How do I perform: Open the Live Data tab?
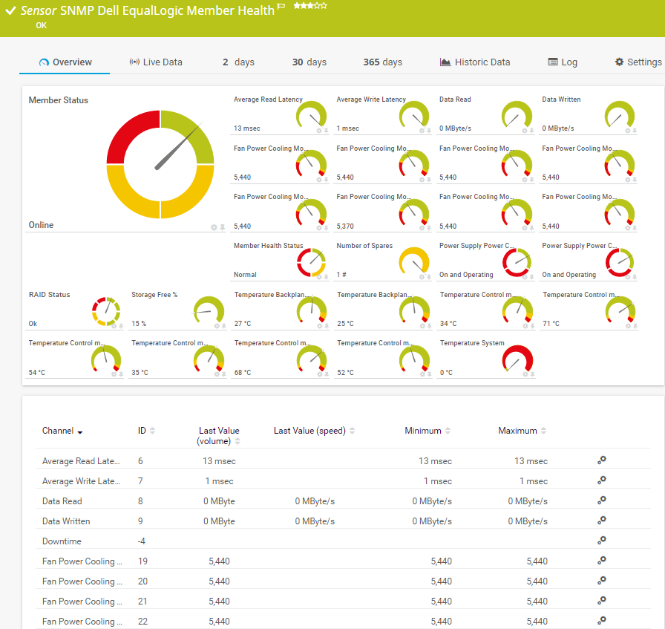coord(156,62)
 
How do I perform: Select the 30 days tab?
coord(309,62)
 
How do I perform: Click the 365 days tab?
coord(382,62)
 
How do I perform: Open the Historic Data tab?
coord(475,62)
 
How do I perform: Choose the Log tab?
coord(563,62)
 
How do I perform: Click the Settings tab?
coord(638,62)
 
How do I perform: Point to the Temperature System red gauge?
coord(518,358)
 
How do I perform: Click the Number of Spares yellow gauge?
coord(414,261)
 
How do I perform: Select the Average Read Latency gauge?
coord(311,114)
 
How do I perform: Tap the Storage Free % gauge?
coord(209,310)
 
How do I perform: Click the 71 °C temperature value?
coord(551,324)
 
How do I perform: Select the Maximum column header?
coord(517,431)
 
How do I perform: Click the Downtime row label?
coord(62,541)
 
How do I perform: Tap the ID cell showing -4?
coord(141,541)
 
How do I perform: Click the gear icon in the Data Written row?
coord(602,520)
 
